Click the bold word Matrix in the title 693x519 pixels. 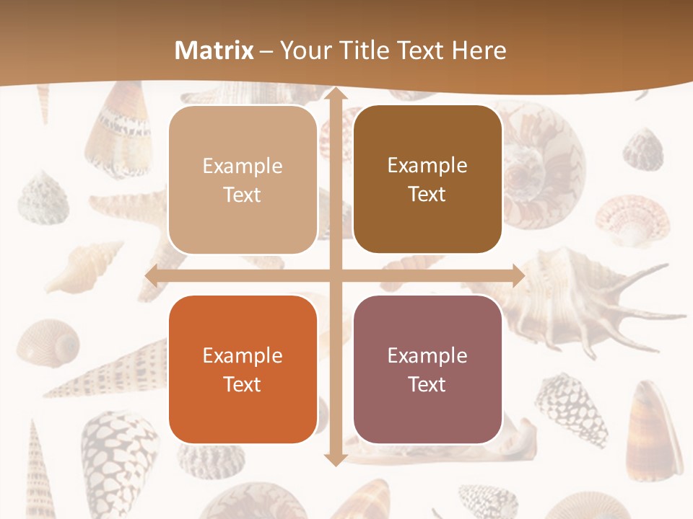pyautogui.click(x=214, y=50)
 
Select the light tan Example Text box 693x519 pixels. pyautogui.click(x=243, y=180)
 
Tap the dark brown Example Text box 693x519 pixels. pyautogui.click(x=427, y=179)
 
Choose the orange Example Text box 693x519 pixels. pyautogui.click(x=243, y=369)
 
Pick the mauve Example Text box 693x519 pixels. pyautogui.click(x=427, y=369)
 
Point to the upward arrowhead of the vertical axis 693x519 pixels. pyautogui.click(x=335, y=95)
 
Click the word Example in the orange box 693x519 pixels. pyautogui.click(x=243, y=355)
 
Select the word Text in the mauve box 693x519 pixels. pyautogui.click(x=427, y=384)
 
